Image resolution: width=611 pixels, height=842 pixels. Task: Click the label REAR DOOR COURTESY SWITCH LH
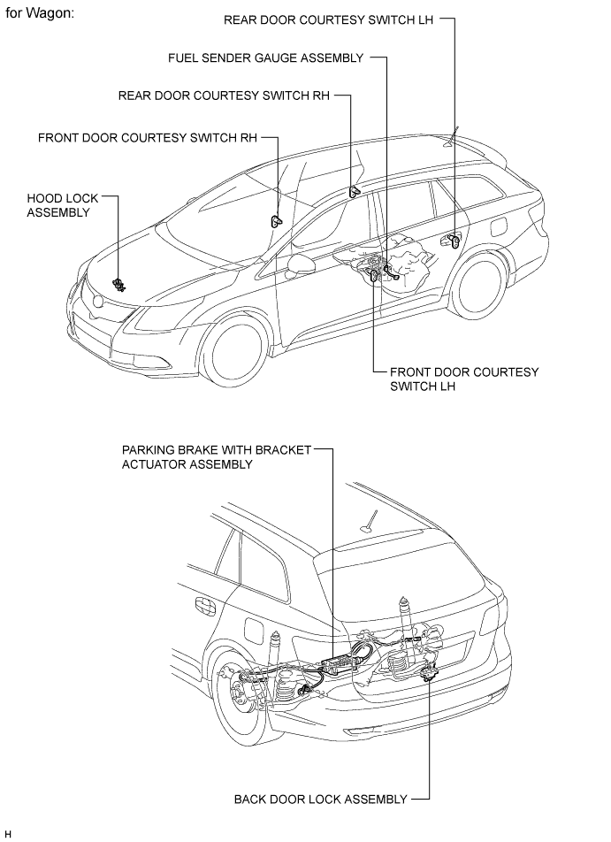pos(328,19)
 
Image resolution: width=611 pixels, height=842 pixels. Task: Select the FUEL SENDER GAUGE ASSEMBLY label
pos(266,58)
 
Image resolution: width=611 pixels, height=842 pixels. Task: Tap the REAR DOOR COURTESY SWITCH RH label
pos(224,96)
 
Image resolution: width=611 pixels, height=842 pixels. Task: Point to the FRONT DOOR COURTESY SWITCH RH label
pos(148,138)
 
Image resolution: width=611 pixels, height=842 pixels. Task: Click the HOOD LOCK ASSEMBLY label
pos(63,206)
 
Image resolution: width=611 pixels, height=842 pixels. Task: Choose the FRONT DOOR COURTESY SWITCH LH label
pos(464,379)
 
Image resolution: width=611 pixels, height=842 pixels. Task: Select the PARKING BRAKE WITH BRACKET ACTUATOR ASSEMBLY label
pos(217,457)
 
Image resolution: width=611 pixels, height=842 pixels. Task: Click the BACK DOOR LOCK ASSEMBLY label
pos(321,800)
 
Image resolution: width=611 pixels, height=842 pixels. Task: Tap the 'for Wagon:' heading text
pos(40,13)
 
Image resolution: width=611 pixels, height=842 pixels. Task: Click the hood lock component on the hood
pos(118,285)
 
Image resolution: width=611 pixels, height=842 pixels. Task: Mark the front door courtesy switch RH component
pos(276,221)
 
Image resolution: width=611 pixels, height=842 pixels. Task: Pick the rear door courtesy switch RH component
pos(354,191)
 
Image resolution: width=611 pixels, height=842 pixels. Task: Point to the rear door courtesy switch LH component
pos(454,241)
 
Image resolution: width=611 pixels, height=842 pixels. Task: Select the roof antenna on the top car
pos(452,136)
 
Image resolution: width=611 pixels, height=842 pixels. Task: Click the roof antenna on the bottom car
pos(370,520)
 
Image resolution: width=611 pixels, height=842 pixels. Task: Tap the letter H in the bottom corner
pos(8,834)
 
